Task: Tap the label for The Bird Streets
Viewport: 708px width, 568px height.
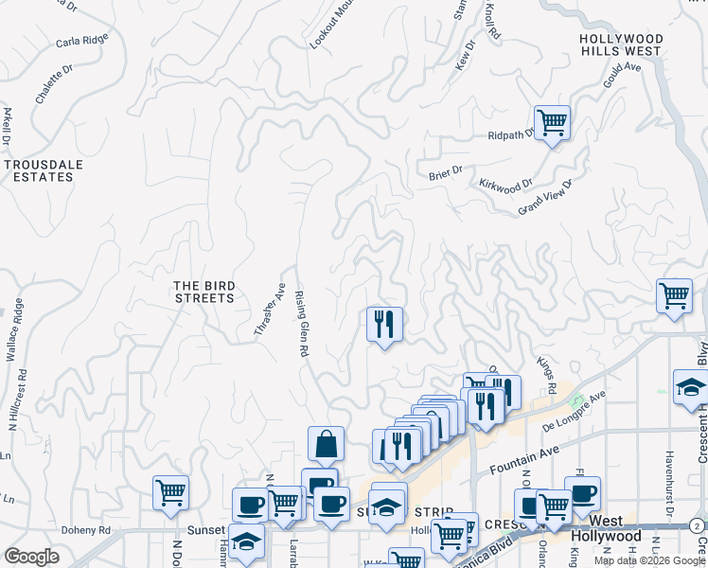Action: (x=204, y=292)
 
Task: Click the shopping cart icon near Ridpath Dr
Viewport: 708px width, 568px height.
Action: (x=552, y=122)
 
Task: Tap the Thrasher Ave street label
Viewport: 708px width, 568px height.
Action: (x=270, y=309)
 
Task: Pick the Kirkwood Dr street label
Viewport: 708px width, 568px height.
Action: (x=506, y=186)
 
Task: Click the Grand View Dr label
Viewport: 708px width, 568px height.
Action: (x=546, y=198)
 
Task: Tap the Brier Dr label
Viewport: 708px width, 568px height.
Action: (x=445, y=171)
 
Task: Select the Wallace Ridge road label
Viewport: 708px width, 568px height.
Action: (x=14, y=331)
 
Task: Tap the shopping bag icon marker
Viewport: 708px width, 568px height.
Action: (x=325, y=443)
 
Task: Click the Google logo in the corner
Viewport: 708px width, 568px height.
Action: (x=31, y=557)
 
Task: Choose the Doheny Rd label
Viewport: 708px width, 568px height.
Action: (x=86, y=531)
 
